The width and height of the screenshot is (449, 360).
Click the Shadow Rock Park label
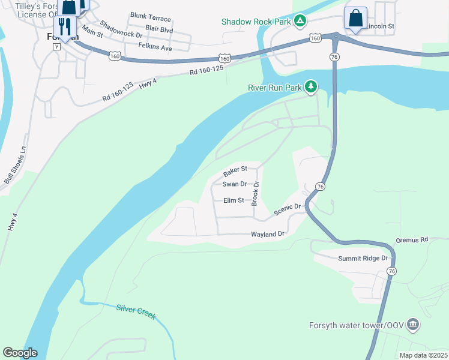pos(256,22)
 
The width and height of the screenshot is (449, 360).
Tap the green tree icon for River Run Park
pos(310,88)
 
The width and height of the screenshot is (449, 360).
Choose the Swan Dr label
pos(235,184)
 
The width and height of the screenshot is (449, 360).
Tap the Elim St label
pos(234,200)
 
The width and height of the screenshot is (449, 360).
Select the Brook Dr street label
pos(255,194)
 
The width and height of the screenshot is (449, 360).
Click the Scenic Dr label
pos(287,210)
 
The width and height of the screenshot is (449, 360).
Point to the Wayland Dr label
pos(267,234)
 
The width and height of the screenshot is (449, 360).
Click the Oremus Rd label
pos(411,240)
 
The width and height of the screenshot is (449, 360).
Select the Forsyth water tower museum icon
pos(412,325)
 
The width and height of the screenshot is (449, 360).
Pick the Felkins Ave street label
pos(155,46)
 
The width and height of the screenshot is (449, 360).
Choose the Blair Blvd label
pos(159,29)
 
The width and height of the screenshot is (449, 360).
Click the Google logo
pos(20,353)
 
